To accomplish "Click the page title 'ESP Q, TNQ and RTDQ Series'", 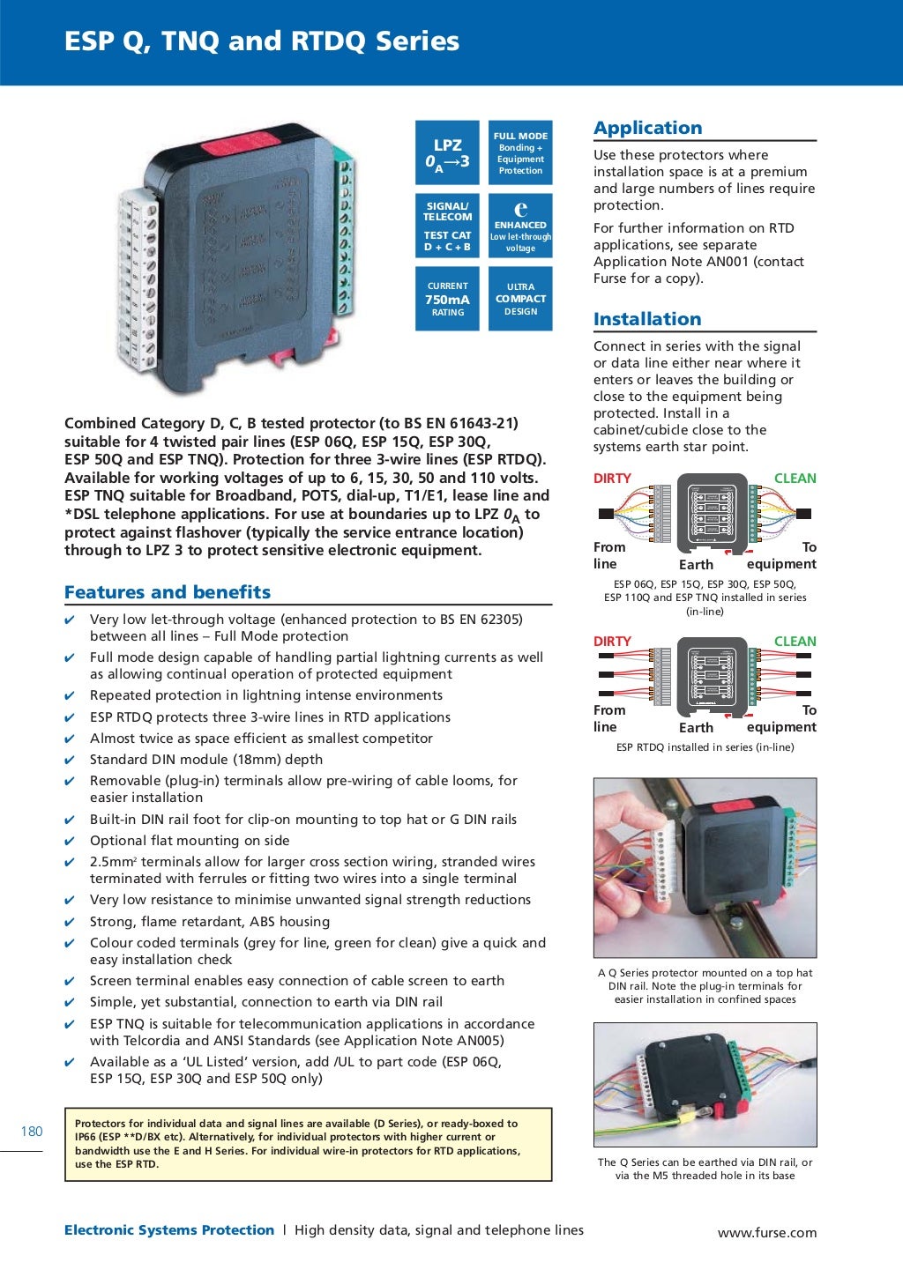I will point(261,41).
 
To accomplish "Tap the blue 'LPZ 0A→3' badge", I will point(447,152).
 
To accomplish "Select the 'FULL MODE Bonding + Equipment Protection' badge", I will point(520,152).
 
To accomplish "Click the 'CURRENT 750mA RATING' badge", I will point(447,299).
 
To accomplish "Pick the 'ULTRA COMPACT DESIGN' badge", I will point(520,299).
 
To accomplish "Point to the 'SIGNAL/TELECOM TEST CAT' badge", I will point(447,226).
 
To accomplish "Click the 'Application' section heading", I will point(647,128).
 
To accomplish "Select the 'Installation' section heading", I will point(647,319).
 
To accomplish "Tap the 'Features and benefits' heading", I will point(168,592).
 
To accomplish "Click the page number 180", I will point(32,1132).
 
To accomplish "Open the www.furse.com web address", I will point(767,1233).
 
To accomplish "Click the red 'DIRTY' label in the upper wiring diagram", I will point(612,479).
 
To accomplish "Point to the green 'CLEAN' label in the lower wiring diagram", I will point(795,642).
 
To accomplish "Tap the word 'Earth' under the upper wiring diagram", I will point(696,565).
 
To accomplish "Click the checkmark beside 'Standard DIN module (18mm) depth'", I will point(70,761).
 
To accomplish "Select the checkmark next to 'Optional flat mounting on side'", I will point(70,842).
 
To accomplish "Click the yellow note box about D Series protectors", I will point(308,1144).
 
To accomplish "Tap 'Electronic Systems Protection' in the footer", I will point(169,1230).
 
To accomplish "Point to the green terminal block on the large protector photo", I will point(345,238).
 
